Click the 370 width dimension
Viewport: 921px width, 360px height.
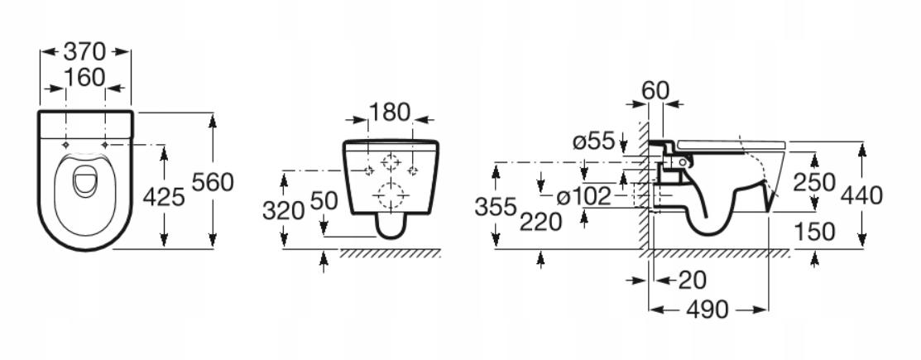pos(84,51)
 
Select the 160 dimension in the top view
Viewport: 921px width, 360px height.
pos(84,77)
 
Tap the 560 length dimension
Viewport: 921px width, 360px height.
pos(213,183)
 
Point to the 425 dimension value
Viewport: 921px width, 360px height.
pos(164,197)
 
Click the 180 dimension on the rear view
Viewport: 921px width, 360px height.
pos(390,112)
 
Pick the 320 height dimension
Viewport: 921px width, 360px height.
pos(283,210)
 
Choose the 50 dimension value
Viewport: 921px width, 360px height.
pos(324,201)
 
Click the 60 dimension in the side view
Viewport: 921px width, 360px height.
pos(655,90)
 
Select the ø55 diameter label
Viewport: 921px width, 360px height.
pos(593,141)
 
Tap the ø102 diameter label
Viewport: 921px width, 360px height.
pos(584,197)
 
